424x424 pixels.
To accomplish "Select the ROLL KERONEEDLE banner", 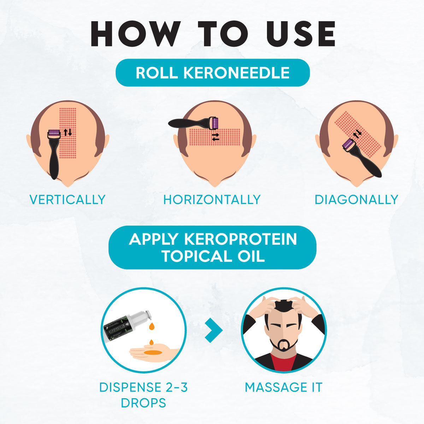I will click(213, 73).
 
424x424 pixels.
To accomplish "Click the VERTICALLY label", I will click(67, 200).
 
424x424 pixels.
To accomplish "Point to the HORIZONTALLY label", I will click(212, 200).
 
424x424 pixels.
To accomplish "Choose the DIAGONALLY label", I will click(356, 200).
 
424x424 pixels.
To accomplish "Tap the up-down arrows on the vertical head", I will click(68, 132).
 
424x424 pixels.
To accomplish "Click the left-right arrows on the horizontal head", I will click(215, 137).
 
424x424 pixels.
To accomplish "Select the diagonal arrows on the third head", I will click(358, 134).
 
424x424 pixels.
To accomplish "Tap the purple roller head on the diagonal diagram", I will click(348, 144).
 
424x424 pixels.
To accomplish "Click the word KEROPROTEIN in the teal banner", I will click(240, 239).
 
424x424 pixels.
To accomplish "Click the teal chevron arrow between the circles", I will click(214, 330).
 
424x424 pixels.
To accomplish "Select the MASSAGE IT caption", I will click(283, 387).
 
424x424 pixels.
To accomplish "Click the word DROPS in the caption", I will click(143, 403).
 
